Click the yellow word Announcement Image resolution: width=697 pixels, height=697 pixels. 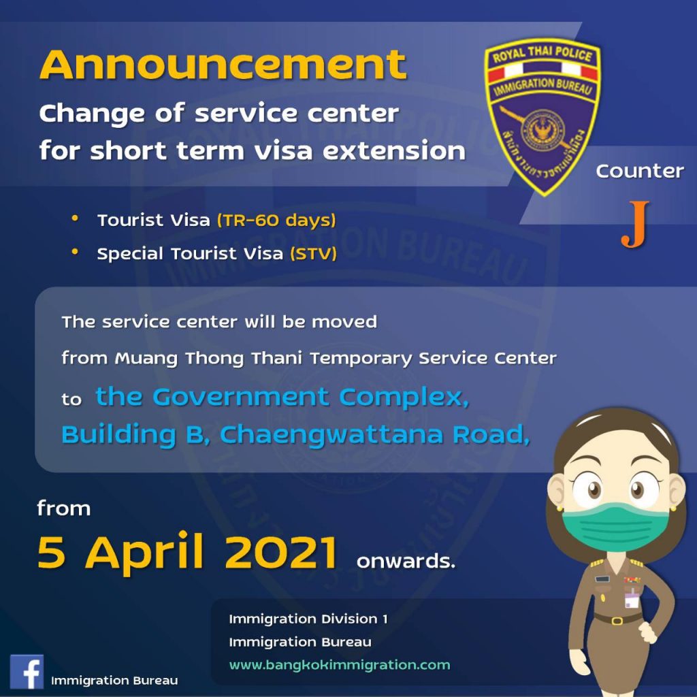tap(223, 65)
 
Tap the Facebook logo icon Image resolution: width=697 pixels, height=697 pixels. tap(27, 671)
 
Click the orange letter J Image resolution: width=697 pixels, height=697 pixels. tap(635, 225)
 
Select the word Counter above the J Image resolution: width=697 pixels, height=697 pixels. tap(640, 171)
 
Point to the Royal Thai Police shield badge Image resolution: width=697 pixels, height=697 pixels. tap(542, 117)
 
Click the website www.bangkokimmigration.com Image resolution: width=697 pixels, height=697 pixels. tap(340, 665)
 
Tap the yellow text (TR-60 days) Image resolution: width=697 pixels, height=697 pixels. tap(276, 220)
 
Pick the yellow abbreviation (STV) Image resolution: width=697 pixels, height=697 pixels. tap(313, 254)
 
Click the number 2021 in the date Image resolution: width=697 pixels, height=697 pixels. tap(281, 552)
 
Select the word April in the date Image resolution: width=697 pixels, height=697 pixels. tap(144, 553)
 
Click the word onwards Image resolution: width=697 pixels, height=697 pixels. tap(406, 561)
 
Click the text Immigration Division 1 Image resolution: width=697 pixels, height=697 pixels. tap(308, 619)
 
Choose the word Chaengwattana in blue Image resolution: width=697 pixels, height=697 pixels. tap(331, 434)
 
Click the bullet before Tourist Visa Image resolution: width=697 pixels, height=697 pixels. tap(75, 218)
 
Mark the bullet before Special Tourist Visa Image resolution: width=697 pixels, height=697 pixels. tap(75, 252)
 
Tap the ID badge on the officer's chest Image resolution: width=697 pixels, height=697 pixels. tap(632, 599)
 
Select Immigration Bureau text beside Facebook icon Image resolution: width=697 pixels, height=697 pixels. tap(114, 681)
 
